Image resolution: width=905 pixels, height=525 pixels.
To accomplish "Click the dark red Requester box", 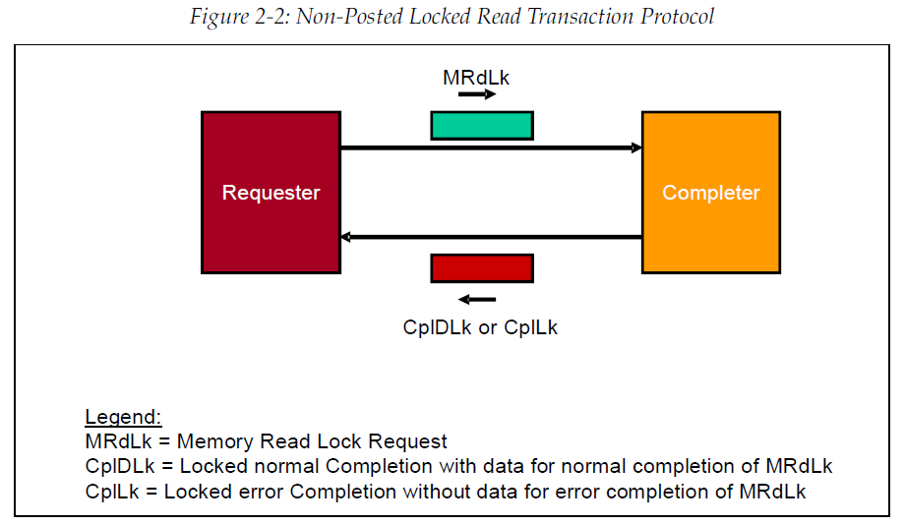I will (271, 192).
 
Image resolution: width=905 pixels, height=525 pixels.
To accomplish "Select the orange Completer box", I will (710, 192).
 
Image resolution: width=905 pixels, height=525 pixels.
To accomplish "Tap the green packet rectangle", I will (482, 125).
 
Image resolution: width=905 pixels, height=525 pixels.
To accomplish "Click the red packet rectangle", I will (482, 268).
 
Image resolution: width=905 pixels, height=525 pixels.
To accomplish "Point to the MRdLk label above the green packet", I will (476, 77).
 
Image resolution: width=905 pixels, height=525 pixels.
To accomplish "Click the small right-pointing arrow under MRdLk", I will (477, 95).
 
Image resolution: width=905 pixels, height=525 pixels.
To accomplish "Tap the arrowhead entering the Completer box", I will (636, 148).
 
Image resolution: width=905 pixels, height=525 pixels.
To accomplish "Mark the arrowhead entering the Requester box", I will (345, 237).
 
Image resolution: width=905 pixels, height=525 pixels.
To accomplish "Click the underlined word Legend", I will (123, 416).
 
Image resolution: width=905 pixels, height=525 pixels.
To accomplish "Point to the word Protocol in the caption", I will (675, 17).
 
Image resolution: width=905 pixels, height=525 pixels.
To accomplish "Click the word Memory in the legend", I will (211, 441).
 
